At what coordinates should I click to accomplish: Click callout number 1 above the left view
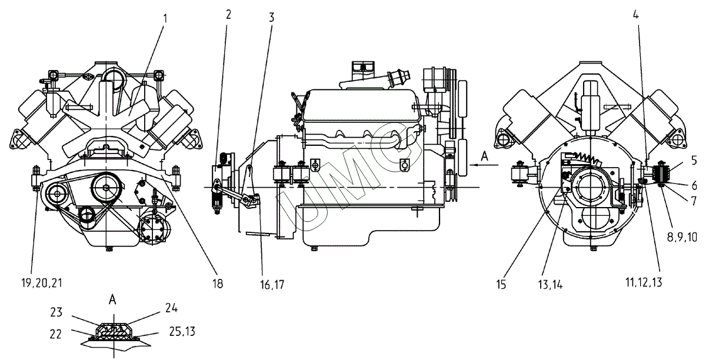(165, 19)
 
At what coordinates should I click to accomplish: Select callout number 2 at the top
(228, 15)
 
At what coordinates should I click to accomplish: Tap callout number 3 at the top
(271, 17)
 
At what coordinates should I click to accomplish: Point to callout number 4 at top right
(636, 15)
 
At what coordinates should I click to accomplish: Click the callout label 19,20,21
(42, 283)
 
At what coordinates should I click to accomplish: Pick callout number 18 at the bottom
(218, 284)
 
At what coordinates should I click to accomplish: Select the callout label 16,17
(272, 285)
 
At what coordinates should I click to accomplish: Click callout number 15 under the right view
(501, 285)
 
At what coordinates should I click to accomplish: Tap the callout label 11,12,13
(644, 282)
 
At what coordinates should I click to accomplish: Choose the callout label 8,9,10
(682, 236)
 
